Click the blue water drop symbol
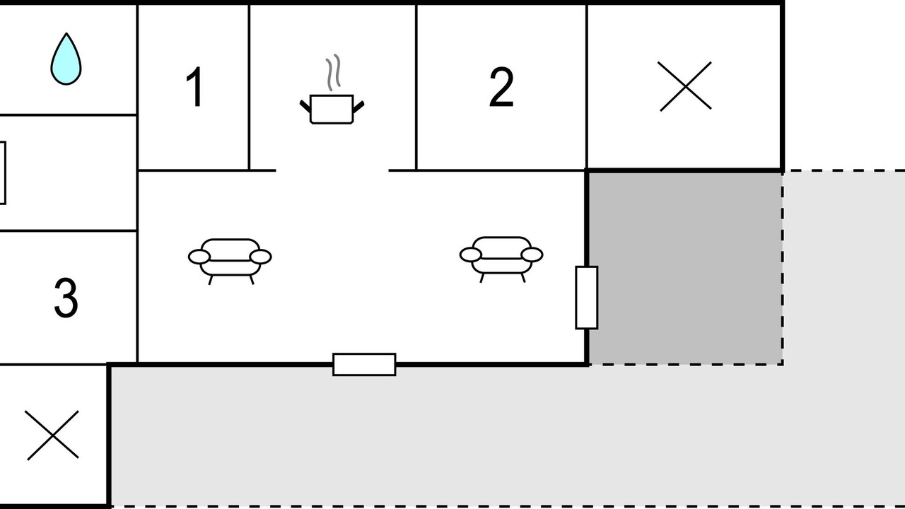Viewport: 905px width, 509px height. [x=66, y=59]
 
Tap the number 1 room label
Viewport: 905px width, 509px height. [x=195, y=87]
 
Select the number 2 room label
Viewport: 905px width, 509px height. [x=501, y=87]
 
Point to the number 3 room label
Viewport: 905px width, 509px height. [x=66, y=298]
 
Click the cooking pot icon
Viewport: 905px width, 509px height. [x=332, y=109]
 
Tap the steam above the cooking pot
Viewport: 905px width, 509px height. [x=333, y=73]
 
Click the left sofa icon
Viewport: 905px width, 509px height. [x=230, y=262]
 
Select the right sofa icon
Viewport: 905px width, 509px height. [x=501, y=259]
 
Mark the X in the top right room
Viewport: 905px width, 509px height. [x=686, y=86]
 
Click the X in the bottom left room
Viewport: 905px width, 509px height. [x=52, y=435]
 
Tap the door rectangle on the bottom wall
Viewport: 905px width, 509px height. [x=364, y=364]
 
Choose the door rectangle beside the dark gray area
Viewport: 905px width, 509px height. [x=587, y=298]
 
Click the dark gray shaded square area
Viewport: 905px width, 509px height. [x=686, y=268]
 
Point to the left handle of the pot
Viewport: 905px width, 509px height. [x=305, y=106]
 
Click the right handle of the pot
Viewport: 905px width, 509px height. [x=358, y=107]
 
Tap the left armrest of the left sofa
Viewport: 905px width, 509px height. [x=199, y=257]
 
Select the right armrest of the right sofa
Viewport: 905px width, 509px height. [x=532, y=255]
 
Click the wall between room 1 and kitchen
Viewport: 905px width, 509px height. [x=250, y=87]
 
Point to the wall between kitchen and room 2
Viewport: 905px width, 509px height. [x=416, y=87]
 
